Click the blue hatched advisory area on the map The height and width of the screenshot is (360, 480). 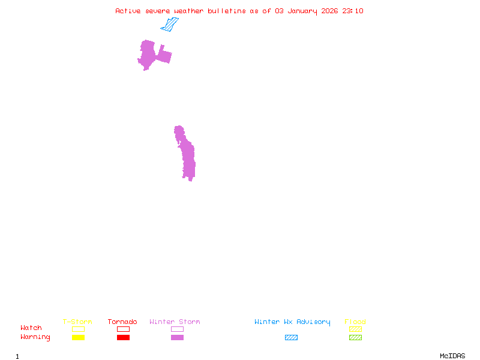[170, 25]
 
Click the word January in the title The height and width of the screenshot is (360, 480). [302, 11]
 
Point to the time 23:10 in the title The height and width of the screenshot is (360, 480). [353, 11]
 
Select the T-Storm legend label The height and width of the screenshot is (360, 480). [77, 322]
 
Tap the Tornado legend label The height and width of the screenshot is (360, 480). [122, 322]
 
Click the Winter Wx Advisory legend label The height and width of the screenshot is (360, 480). [292, 322]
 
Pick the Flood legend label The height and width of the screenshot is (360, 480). [355, 322]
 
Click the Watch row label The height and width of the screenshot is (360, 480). [31, 328]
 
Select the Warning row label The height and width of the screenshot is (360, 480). [35, 337]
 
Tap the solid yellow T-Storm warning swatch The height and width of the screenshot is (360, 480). [78, 338]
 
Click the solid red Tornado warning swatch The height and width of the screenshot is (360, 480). [123, 338]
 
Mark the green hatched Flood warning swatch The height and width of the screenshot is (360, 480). [355, 338]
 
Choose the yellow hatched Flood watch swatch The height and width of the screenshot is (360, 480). [355, 329]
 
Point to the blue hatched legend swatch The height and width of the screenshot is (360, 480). [291, 338]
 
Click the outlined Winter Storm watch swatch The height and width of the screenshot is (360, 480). [177, 329]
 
